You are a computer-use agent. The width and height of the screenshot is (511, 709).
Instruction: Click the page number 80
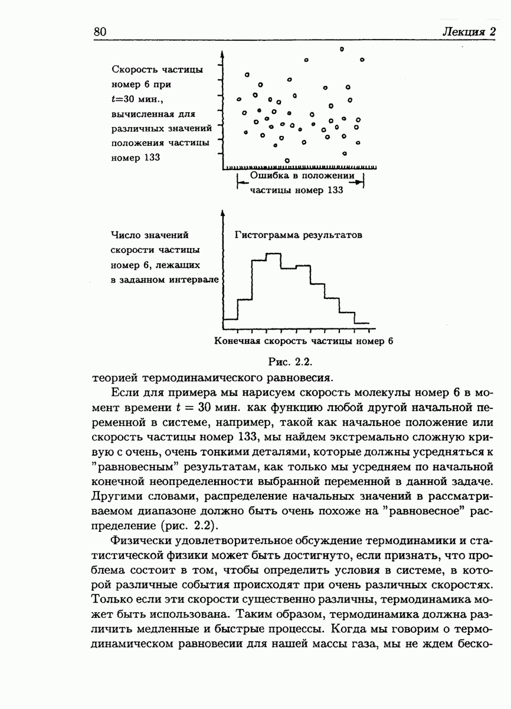[x=99, y=32]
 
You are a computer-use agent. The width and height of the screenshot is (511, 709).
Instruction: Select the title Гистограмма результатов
[x=298, y=235]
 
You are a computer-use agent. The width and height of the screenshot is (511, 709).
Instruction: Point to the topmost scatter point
[x=341, y=48]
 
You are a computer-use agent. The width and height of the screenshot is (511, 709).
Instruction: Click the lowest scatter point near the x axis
[x=287, y=160]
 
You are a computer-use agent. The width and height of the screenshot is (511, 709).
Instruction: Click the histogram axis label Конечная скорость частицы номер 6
[x=303, y=341]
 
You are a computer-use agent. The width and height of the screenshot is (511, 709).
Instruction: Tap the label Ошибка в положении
[x=302, y=175]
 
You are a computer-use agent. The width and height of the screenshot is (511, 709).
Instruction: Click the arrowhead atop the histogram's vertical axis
[x=224, y=212]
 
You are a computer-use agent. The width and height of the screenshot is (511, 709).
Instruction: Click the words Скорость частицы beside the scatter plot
[x=157, y=70]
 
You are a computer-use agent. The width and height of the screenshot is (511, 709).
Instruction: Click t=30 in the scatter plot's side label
[x=125, y=99]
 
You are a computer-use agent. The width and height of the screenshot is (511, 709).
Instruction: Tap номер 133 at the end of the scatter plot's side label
[x=136, y=158]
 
